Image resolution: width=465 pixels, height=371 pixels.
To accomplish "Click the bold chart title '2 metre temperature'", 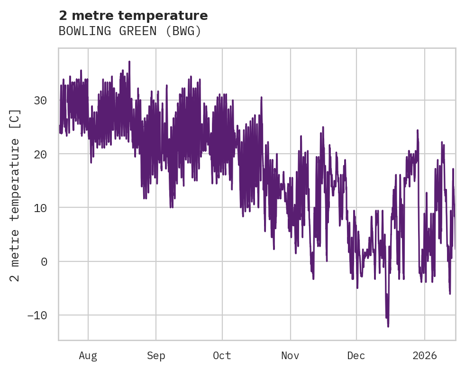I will point(133,16).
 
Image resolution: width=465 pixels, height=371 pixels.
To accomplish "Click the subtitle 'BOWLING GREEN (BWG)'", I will point(130,31).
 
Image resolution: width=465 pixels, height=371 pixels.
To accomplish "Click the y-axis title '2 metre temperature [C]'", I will point(16,195).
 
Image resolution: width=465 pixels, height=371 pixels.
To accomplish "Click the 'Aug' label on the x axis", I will point(88,356).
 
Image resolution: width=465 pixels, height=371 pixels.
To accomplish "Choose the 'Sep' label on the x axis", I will point(156,356).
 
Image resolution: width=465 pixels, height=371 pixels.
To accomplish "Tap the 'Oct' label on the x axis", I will point(222,356).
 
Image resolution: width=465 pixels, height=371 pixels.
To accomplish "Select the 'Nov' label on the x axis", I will point(290,356).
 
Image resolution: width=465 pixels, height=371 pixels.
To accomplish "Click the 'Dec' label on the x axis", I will point(356,356).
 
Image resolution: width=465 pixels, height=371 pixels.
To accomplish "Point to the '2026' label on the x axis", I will point(424,356).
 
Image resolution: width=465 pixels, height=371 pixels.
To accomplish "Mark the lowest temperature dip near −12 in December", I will point(388,326).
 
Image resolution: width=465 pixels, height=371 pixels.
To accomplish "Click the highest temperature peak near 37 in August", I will point(129,62).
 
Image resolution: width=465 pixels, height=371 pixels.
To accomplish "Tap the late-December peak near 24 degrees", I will point(418,130).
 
